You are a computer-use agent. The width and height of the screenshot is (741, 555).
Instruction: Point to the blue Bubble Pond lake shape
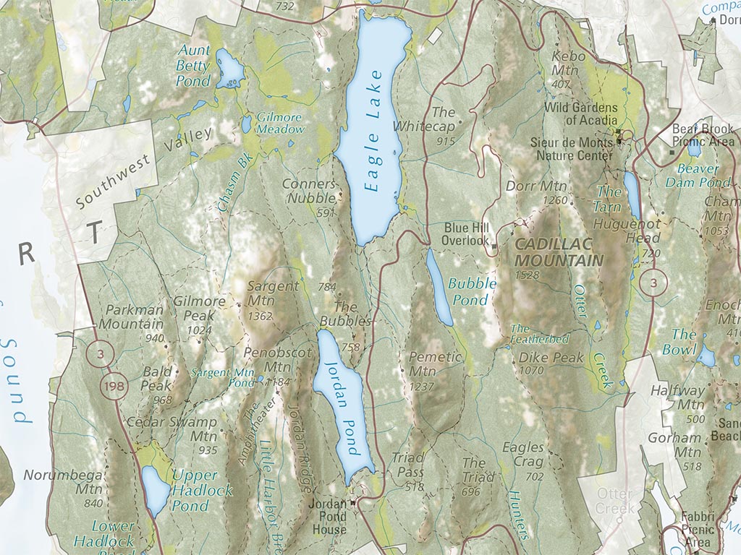click(x=439, y=289)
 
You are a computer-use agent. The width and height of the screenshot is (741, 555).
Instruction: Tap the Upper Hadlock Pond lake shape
click(x=155, y=491)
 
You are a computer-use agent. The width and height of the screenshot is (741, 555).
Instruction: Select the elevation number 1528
click(x=528, y=275)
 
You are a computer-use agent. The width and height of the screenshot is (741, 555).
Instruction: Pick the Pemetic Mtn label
click(x=435, y=363)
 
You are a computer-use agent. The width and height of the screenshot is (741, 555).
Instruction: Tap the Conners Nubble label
click(x=309, y=192)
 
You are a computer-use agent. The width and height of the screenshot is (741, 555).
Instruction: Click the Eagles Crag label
click(x=523, y=455)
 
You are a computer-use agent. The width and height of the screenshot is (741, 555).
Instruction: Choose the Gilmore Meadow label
click(x=280, y=123)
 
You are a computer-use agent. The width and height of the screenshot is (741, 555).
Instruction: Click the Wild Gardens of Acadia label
click(x=579, y=113)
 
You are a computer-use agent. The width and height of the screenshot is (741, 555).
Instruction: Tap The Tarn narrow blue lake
click(x=632, y=195)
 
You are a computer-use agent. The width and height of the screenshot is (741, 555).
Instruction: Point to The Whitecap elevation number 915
click(x=446, y=142)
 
